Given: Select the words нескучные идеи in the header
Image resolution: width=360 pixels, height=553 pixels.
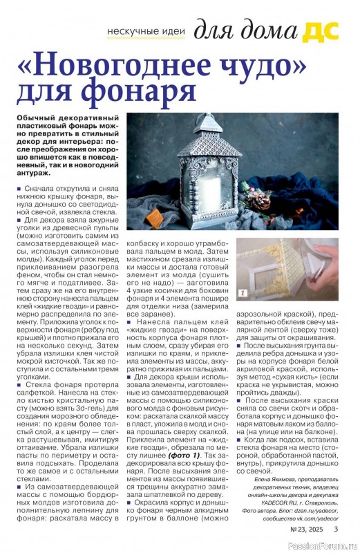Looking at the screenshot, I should [146, 34].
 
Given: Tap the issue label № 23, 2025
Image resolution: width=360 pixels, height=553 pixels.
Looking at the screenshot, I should [305, 530].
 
